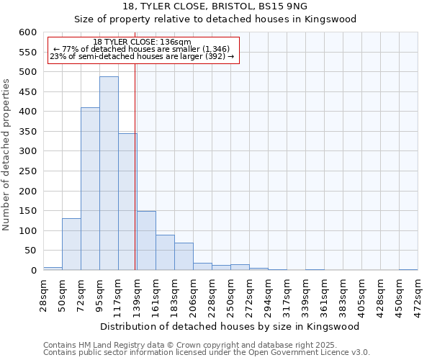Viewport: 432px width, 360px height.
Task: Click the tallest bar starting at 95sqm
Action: pyautogui.click(x=109, y=173)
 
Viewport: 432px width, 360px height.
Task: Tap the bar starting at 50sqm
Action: pyautogui.click(x=71, y=244)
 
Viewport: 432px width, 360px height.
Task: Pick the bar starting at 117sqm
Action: pyautogui.click(x=127, y=202)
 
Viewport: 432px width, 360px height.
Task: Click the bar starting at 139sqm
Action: pyautogui.click(x=146, y=240)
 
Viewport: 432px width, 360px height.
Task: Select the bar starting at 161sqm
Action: pyautogui.click(x=165, y=252)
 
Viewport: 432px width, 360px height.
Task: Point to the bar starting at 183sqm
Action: pyautogui.click(x=184, y=256)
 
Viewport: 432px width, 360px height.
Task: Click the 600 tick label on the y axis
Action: pyautogui.click(x=27, y=32)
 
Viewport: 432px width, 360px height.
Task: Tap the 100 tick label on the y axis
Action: pyautogui.click(x=27, y=231)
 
